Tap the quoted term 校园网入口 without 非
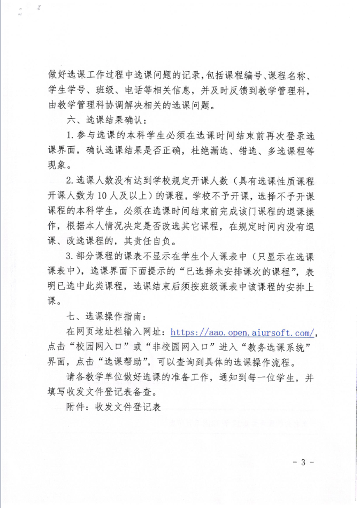(x=99, y=346)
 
